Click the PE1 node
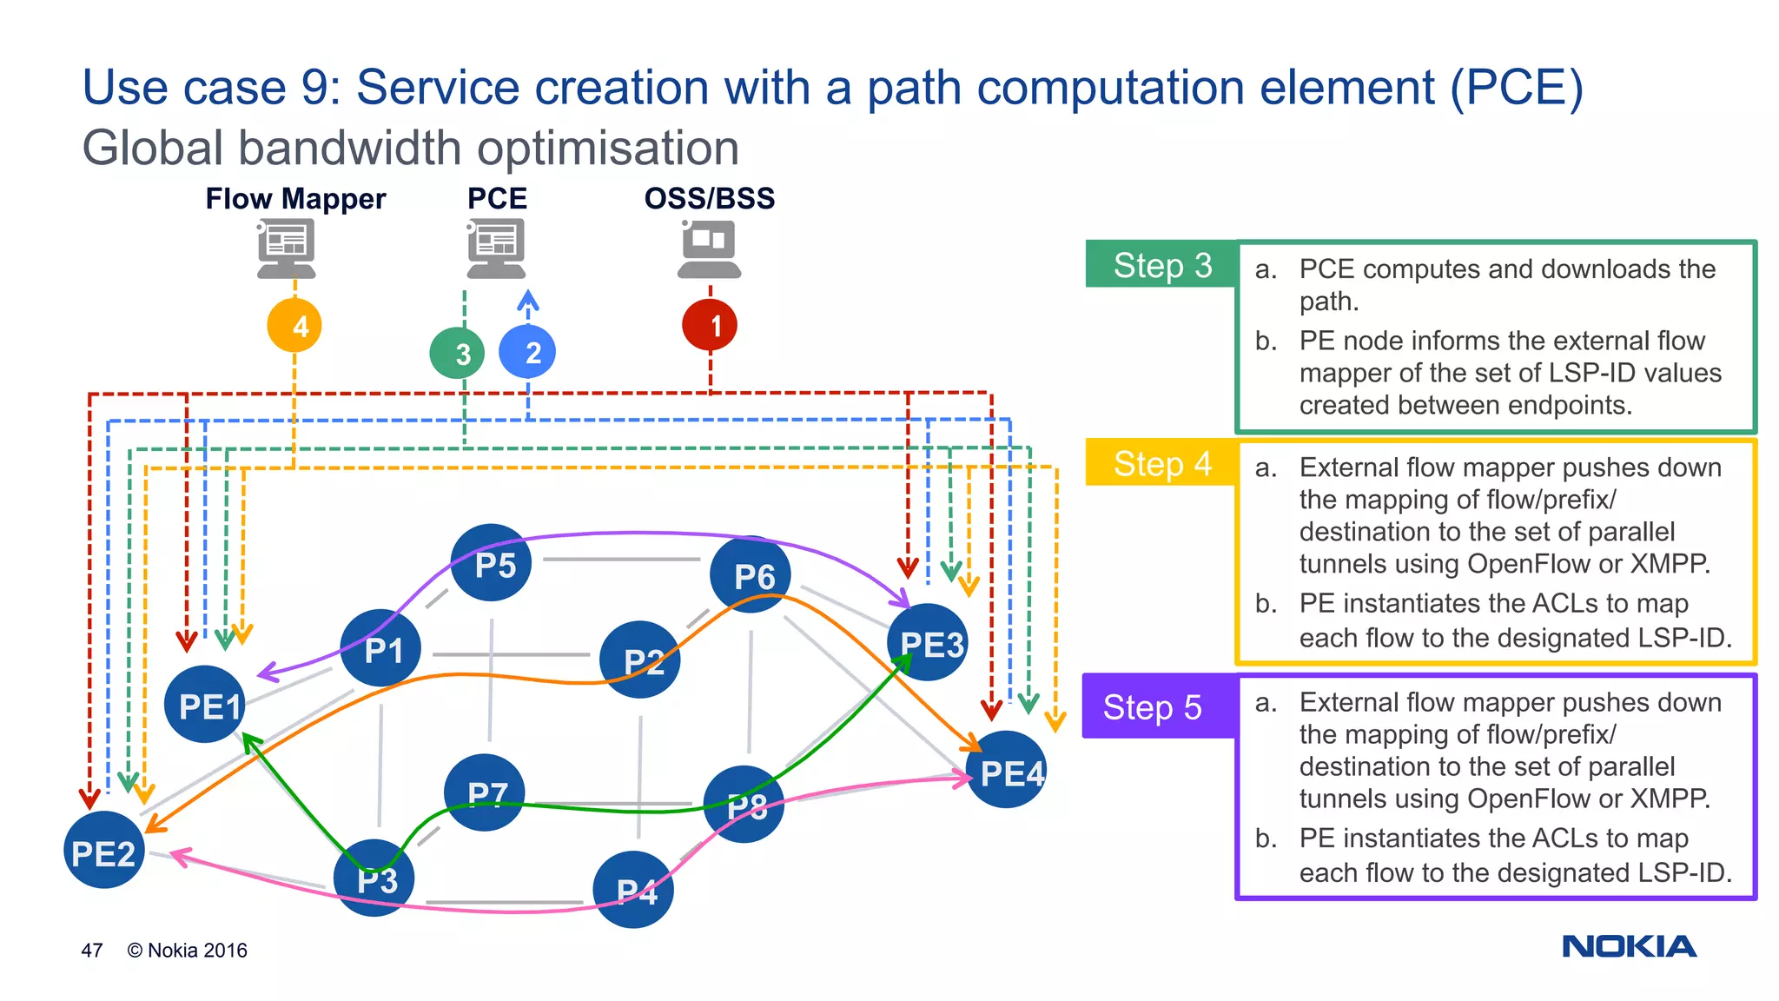(205, 705)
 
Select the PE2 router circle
(103, 851)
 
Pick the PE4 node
(1007, 771)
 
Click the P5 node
(492, 563)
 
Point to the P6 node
(751, 574)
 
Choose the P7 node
(484, 792)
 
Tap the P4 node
(633, 890)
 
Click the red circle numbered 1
(710, 325)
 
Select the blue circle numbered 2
(527, 351)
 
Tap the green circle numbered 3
(457, 353)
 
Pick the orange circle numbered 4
(294, 326)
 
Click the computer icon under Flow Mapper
(287, 249)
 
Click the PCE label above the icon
(497, 198)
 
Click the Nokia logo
(1629, 946)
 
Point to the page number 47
(92, 951)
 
